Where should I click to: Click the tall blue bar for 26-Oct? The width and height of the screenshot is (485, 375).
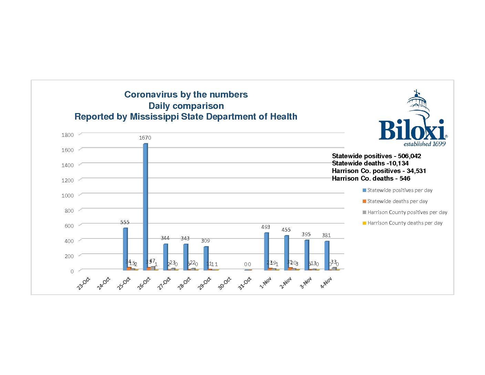coord(145,207)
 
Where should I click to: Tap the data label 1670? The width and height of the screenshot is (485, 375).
coord(145,138)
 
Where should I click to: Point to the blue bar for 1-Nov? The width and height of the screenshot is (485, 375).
coord(266,251)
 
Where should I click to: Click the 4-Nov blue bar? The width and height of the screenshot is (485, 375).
coord(327,255)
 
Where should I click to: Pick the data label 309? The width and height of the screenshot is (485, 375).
coord(205,241)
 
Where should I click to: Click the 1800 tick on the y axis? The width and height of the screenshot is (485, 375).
coord(68,135)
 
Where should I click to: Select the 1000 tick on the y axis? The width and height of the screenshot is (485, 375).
coord(68,195)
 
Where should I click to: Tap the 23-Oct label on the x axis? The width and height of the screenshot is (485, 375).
coord(83,283)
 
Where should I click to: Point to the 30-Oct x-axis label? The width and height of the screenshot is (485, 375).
coord(225,283)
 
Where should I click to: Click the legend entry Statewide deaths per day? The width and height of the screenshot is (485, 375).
coord(397,201)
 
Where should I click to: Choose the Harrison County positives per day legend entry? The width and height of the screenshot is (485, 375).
coord(407,212)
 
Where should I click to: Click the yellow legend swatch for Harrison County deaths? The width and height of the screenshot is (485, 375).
coord(364,223)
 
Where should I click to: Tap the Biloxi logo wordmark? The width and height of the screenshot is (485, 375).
coord(412,130)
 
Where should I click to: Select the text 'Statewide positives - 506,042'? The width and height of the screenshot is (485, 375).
coord(376,156)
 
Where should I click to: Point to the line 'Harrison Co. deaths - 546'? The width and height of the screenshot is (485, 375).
coord(371,179)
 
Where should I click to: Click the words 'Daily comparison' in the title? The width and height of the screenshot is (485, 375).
coord(186,106)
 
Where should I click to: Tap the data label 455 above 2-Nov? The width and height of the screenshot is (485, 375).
coord(286,230)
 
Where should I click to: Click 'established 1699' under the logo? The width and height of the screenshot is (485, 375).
coord(424,144)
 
